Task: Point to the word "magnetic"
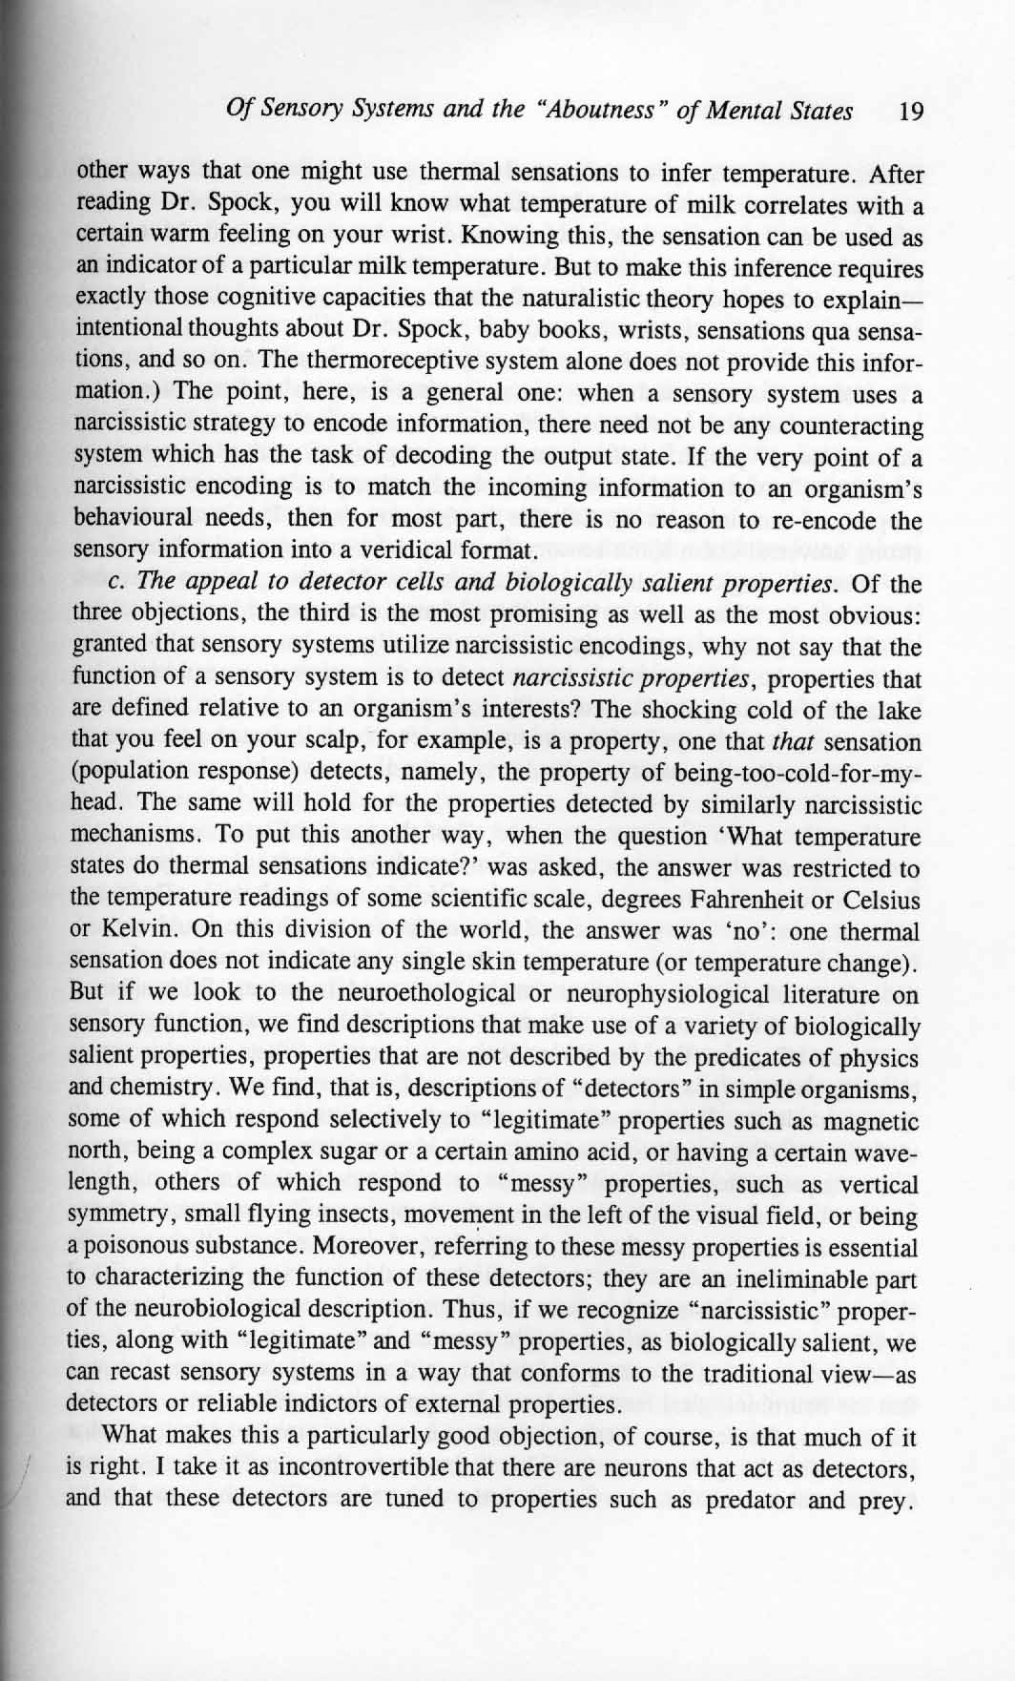[x=870, y=1121]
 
